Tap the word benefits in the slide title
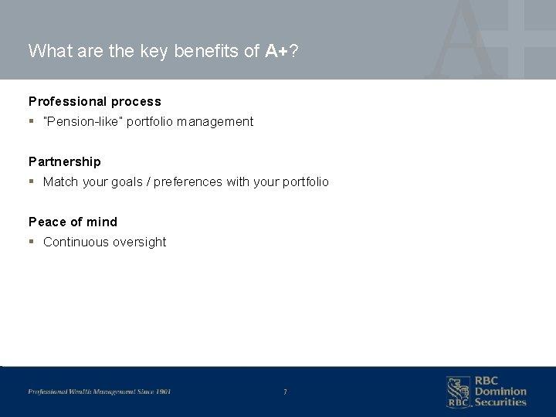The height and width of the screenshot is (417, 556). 222,51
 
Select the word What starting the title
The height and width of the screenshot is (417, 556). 49,51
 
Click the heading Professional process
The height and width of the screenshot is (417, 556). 95,101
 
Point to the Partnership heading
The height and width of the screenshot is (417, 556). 64,161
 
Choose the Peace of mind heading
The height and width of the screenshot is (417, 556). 73,222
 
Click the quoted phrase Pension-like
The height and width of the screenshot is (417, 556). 80,121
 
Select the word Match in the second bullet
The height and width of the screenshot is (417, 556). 59,181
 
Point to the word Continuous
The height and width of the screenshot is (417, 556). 74,242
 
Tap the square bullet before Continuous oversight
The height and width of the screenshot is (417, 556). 31,242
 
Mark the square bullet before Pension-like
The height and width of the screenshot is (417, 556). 31,121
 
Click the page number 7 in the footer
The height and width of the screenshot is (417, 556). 285,392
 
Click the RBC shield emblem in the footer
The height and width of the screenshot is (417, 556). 457,392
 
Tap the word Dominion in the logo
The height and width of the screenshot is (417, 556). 500,392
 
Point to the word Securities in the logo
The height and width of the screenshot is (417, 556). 500,402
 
